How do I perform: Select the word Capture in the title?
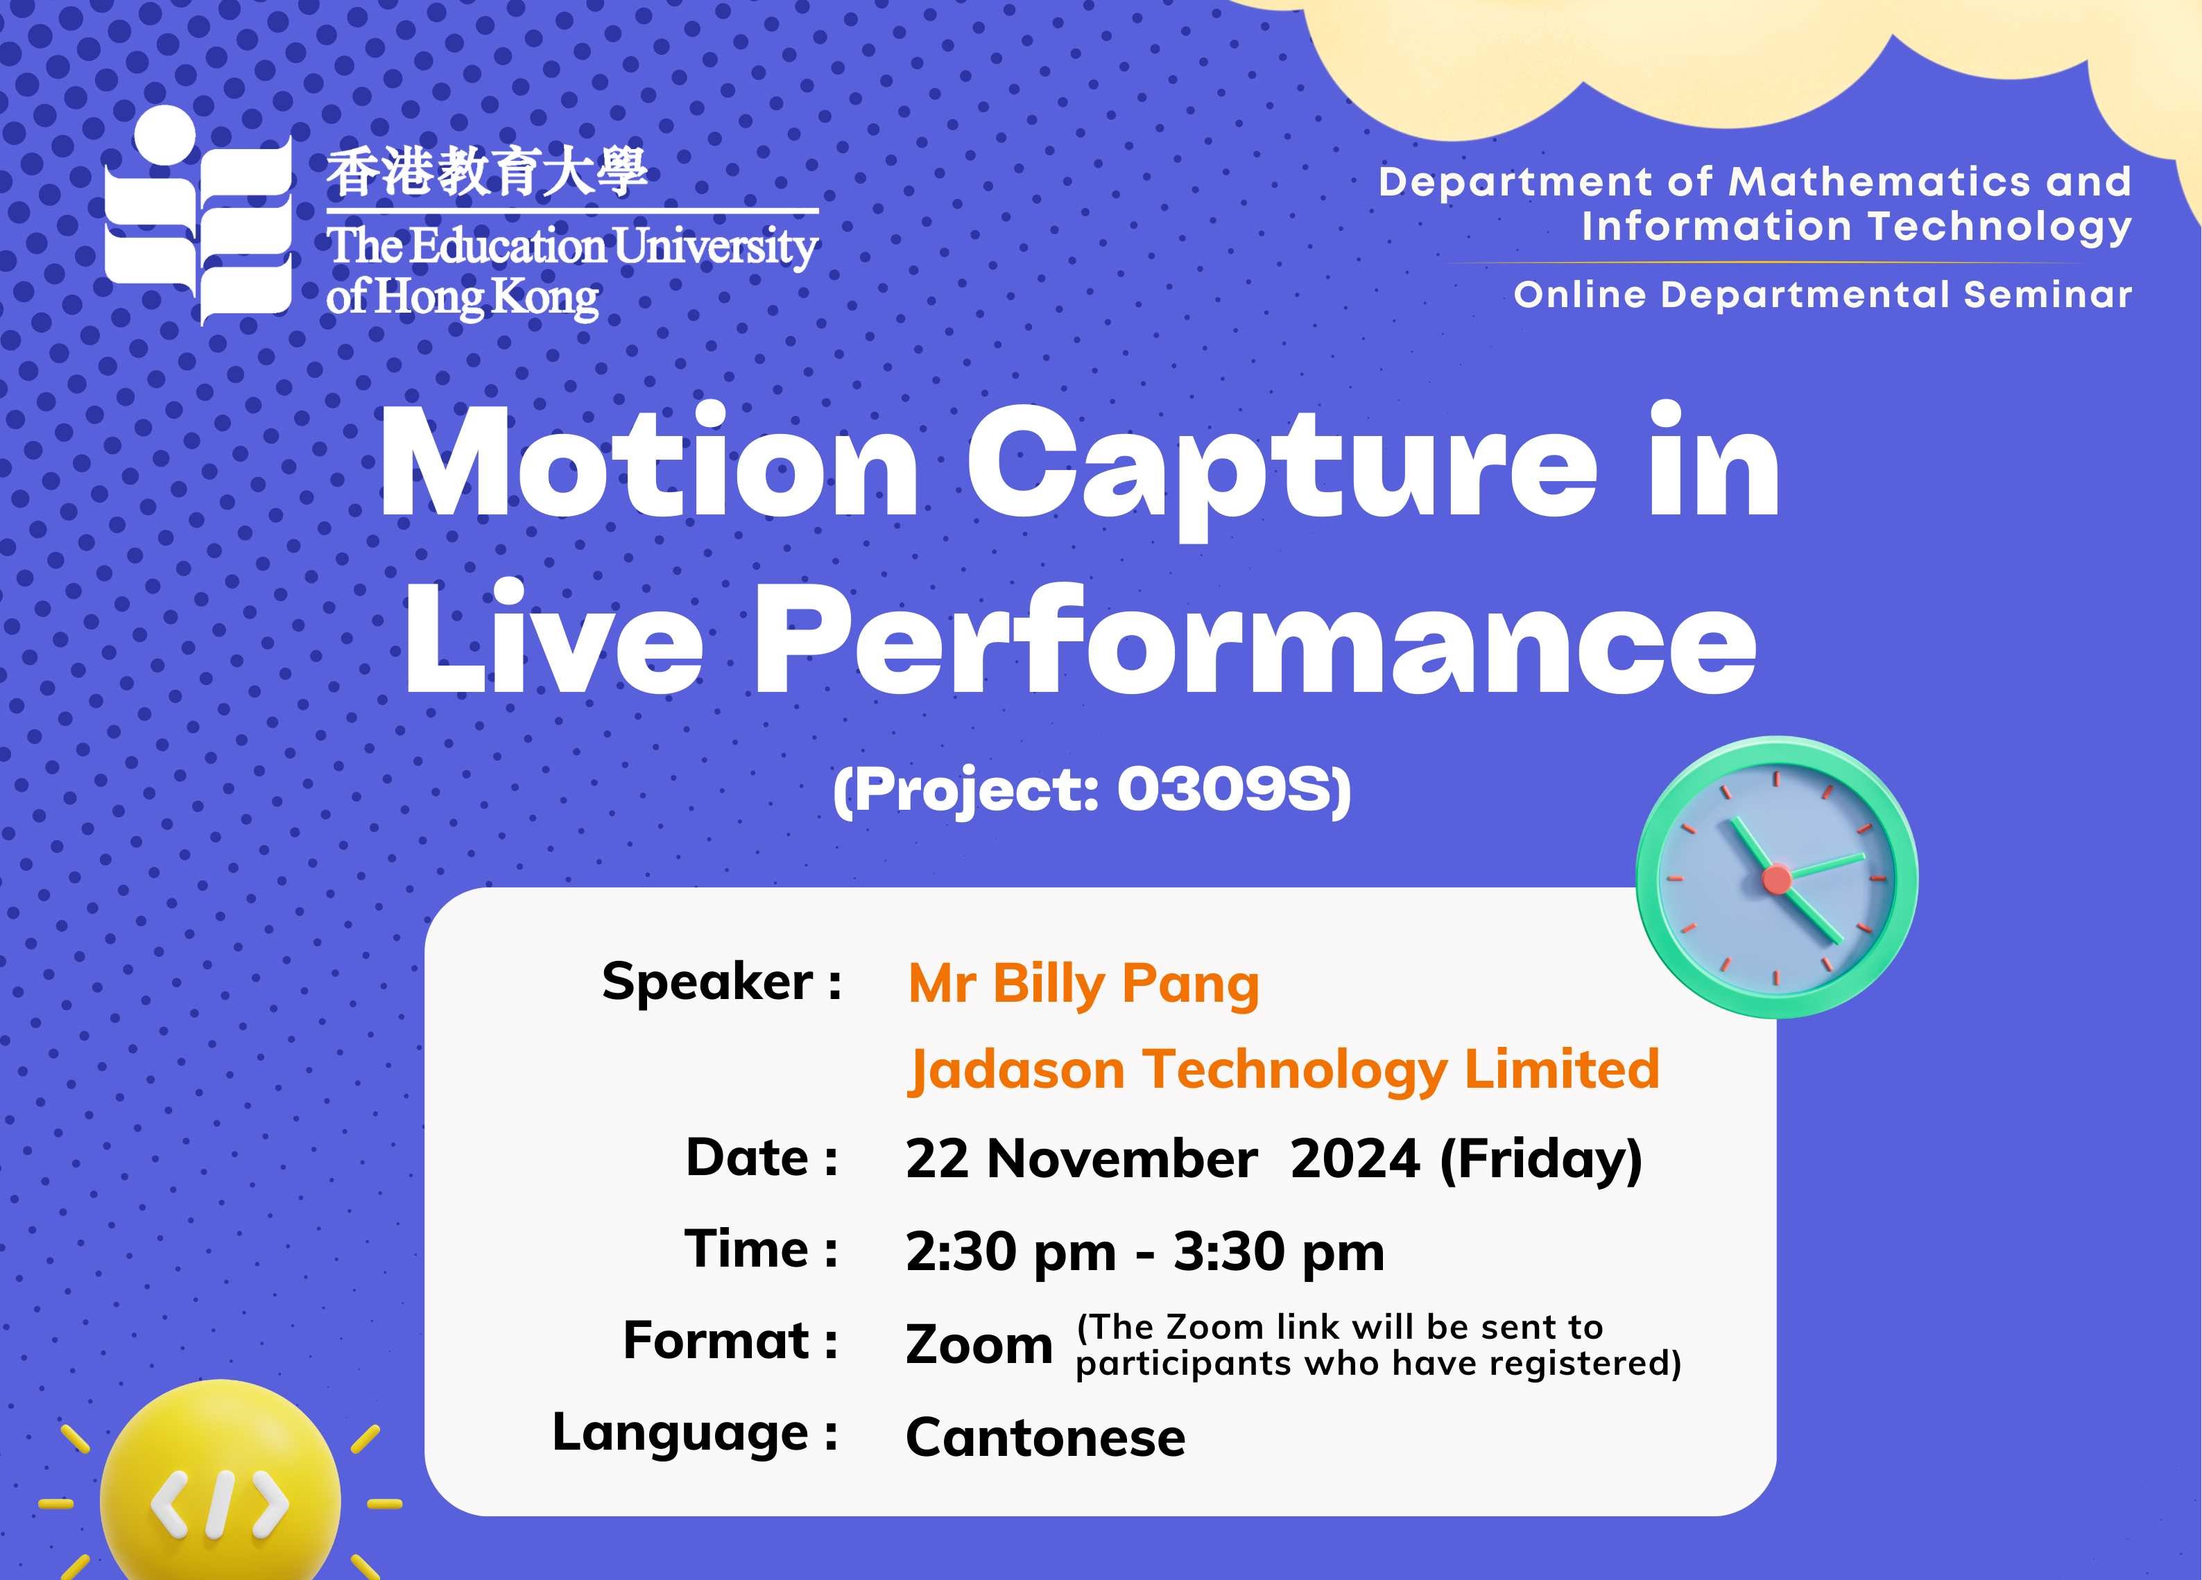click(x=1282, y=471)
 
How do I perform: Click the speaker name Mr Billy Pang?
click(x=1083, y=986)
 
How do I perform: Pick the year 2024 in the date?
click(x=1355, y=1158)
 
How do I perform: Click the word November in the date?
click(x=1122, y=1158)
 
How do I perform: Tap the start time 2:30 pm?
click(x=1010, y=1252)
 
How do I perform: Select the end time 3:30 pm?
click(x=1279, y=1252)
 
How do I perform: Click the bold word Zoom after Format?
click(x=979, y=1345)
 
